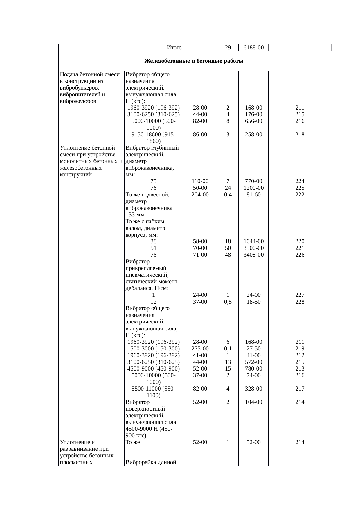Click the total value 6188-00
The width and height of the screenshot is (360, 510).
tap(253, 47)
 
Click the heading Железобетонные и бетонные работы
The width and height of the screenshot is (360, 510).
tap(194, 61)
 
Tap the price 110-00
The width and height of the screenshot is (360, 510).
tap(200, 181)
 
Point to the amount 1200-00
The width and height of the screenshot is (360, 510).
tap(253, 188)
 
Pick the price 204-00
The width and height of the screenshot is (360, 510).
tap(200, 195)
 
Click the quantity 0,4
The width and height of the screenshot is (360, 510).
tap(228, 195)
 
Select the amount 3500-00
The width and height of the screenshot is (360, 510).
tap(253, 248)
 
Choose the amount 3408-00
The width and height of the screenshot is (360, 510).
tap(253, 255)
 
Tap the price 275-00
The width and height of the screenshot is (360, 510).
tap(200, 348)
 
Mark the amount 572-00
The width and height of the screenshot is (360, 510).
tap(253, 362)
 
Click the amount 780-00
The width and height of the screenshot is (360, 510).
tap(253, 368)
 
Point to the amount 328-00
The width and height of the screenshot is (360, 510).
tap(253, 389)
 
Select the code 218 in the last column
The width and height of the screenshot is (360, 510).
tap(300, 134)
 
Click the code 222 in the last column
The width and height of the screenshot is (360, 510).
tap(300, 195)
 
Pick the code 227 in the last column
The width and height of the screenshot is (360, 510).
tap(300, 295)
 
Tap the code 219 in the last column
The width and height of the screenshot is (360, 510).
tap(300, 348)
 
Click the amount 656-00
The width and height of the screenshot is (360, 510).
tap(253, 121)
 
